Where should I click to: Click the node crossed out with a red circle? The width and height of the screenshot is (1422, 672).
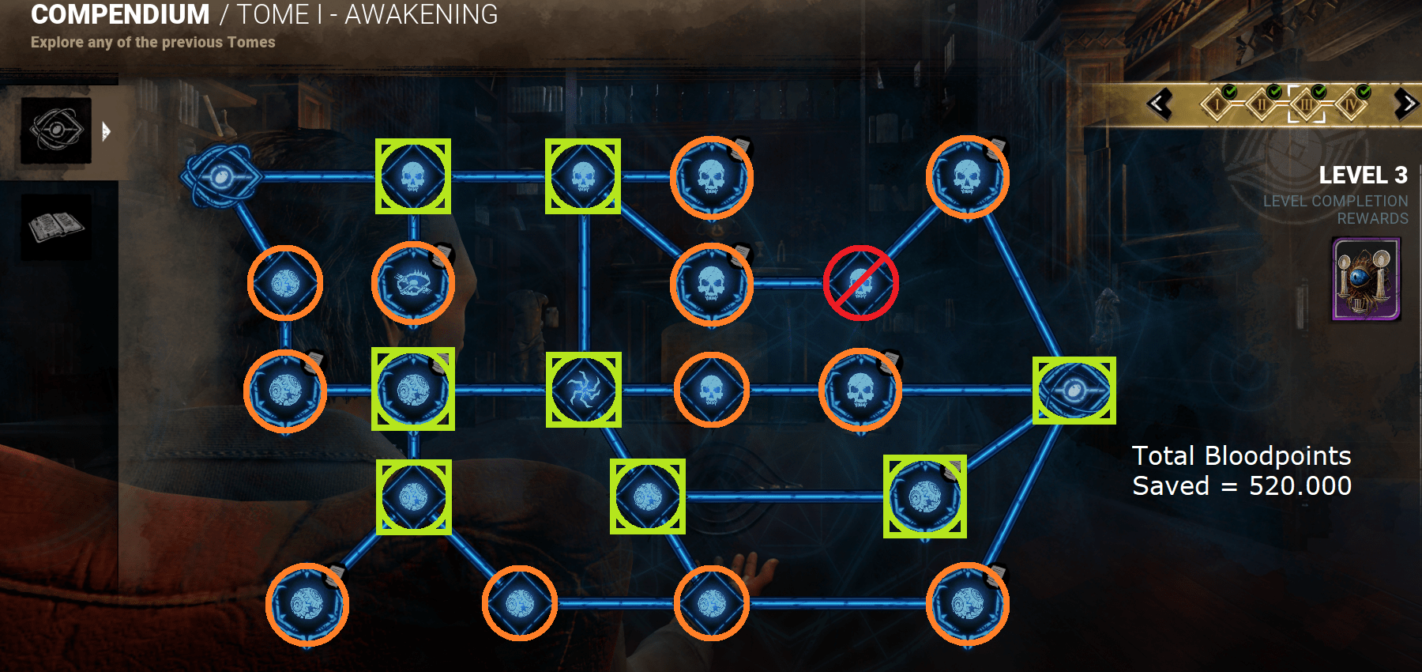[x=860, y=283]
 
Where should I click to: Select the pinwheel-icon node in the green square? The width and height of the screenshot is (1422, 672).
[x=584, y=390]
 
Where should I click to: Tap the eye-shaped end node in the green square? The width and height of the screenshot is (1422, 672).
[x=1074, y=390]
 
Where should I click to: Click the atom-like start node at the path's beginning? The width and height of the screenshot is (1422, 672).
[x=220, y=176]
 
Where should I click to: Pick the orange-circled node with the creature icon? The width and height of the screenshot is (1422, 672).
[x=412, y=283]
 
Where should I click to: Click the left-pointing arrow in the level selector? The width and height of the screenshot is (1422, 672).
[x=1160, y=104]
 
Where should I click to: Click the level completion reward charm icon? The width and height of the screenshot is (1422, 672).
[x=1366, y=280]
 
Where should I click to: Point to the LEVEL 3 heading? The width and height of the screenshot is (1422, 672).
[x=1363, y=175]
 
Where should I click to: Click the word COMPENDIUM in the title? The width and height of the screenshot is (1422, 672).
[x=120, y=14]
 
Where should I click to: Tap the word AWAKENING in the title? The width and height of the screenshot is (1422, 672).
[x=421, y=14]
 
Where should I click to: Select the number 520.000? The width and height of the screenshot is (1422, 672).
[x=1300, y=485]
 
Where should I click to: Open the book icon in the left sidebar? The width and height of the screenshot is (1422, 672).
[x=55, y=227]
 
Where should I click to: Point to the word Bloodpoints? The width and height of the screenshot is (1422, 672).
[x=1277, y=455]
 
